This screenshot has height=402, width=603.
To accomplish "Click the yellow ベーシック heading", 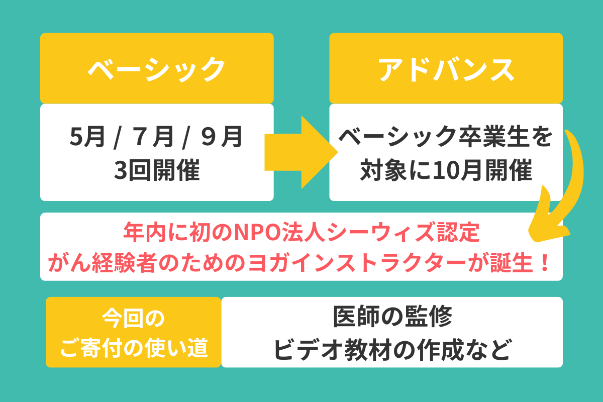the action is (156, 69).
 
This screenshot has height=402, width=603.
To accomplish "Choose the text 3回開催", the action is (156, 171).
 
